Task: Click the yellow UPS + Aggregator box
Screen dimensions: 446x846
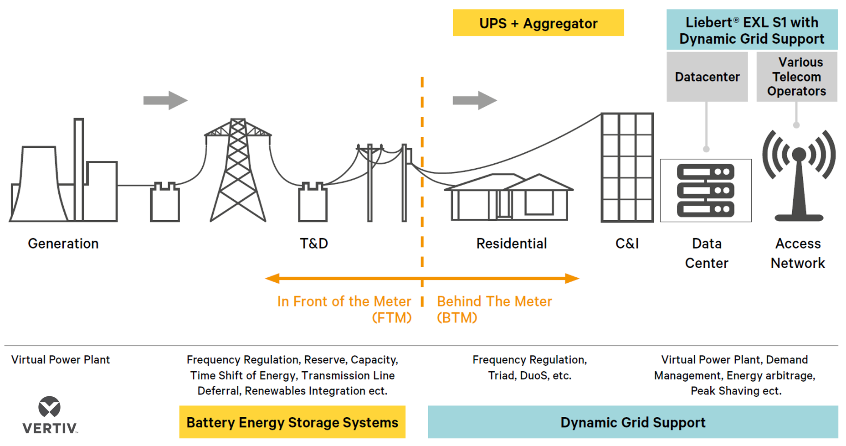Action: (538, 23)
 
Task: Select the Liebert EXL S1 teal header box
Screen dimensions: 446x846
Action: (752, 30)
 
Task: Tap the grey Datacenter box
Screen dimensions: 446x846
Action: (707, 77)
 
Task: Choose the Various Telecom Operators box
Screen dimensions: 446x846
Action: (796, 77)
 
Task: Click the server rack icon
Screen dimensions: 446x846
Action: (706, 190)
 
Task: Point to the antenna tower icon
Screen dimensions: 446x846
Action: (799, 178)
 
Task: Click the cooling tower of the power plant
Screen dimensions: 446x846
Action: (39, 185)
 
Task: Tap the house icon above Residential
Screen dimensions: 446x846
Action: (509, 197)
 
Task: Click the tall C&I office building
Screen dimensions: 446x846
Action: (627, 167)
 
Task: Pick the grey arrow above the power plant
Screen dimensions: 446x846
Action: (165, 100)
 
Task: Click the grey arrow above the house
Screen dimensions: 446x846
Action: (475, 100)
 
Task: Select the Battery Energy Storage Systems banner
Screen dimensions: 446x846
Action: (292, 422)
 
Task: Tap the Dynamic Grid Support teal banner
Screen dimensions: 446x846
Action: (633, 422)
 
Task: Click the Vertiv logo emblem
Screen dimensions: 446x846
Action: (49, 407)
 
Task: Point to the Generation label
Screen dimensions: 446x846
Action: (63, 244)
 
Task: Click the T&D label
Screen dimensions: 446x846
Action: (314, 244)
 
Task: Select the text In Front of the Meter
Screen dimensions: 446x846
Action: (344, 301)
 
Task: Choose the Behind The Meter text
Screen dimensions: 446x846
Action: (494, 301)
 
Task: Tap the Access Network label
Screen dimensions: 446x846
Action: (798, 253)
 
